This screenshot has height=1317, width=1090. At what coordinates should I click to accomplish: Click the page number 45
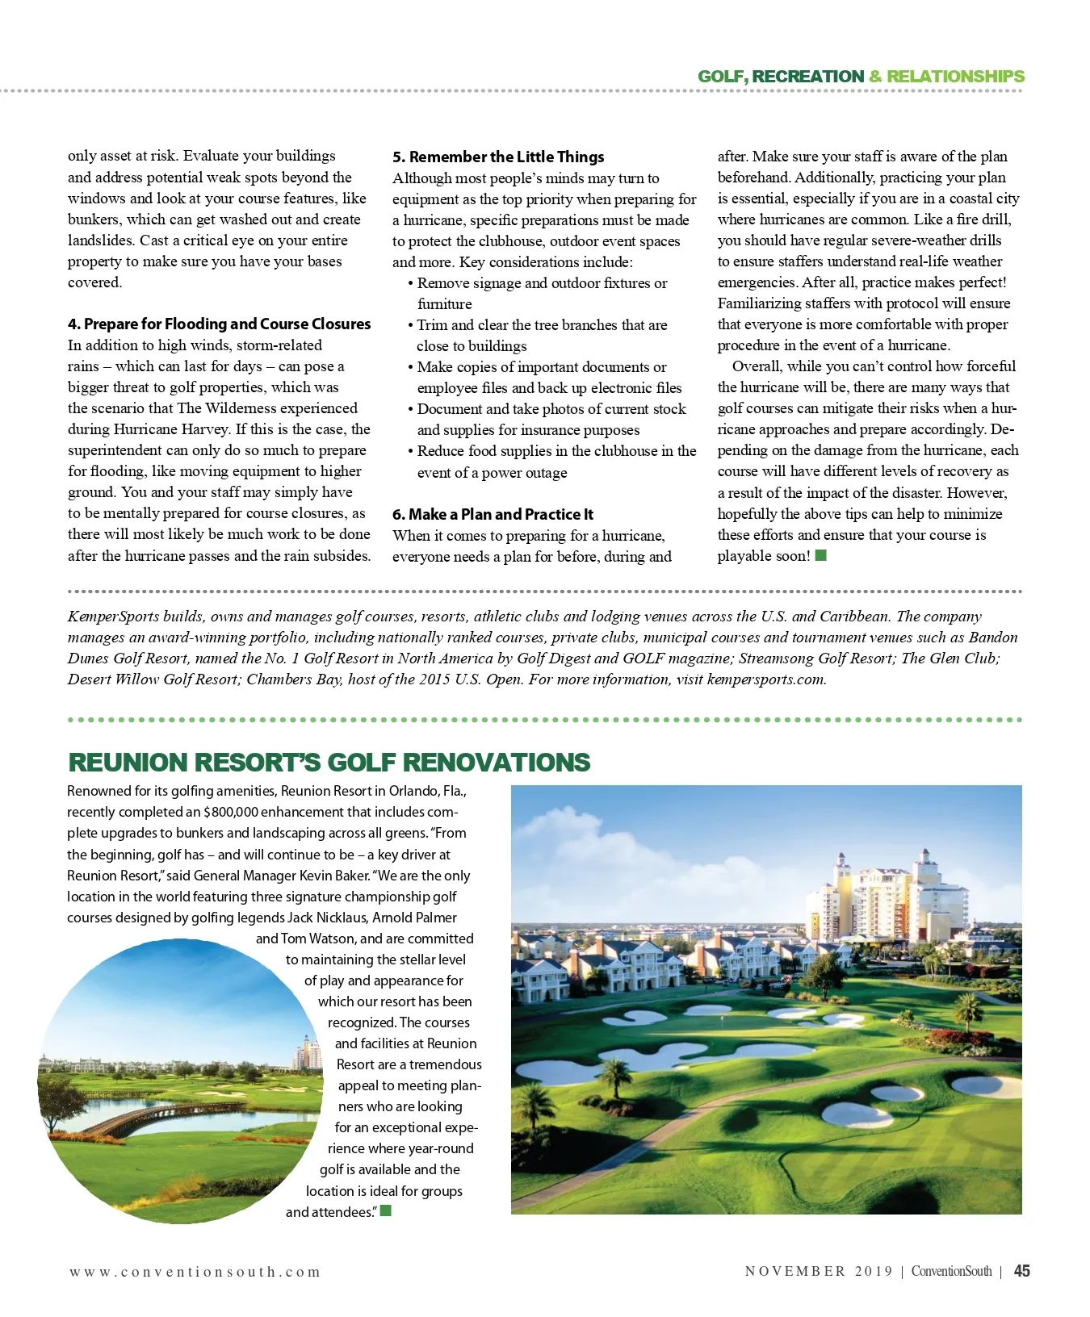pyautogui.click(x=1021, y=1271)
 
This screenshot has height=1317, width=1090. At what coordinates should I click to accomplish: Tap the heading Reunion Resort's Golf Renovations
pyautogui.click(x=329, y=762)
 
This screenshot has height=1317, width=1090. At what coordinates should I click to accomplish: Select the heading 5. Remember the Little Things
pyautogui.click(x=498, y=157)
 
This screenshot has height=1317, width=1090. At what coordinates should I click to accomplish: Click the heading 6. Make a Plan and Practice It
pyautogui.click(x=493, y=514)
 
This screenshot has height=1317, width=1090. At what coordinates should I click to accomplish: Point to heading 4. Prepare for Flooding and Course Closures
pyautogui.click(x=219, y=324)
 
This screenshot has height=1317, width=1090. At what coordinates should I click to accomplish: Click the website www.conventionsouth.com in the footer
pyautogui.click(x=195, y=1272)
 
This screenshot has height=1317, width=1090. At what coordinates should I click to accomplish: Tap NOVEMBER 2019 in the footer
pyautogui.click(x=819, y=1271)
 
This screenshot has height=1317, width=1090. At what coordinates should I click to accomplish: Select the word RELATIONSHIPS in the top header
pyautogui.click(x=955, y=77)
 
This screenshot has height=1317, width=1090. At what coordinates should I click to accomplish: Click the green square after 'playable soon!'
pyautogui.click(x=821, y=555)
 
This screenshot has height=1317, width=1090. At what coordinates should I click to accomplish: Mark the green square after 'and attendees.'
pyautogui.click(x=386, y=1210)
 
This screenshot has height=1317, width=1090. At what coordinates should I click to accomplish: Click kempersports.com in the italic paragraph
pyautogui.click(x=765, y=679)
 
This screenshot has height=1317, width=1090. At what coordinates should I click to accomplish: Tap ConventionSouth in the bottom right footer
pyautogui.click(x=951, y=1271)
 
